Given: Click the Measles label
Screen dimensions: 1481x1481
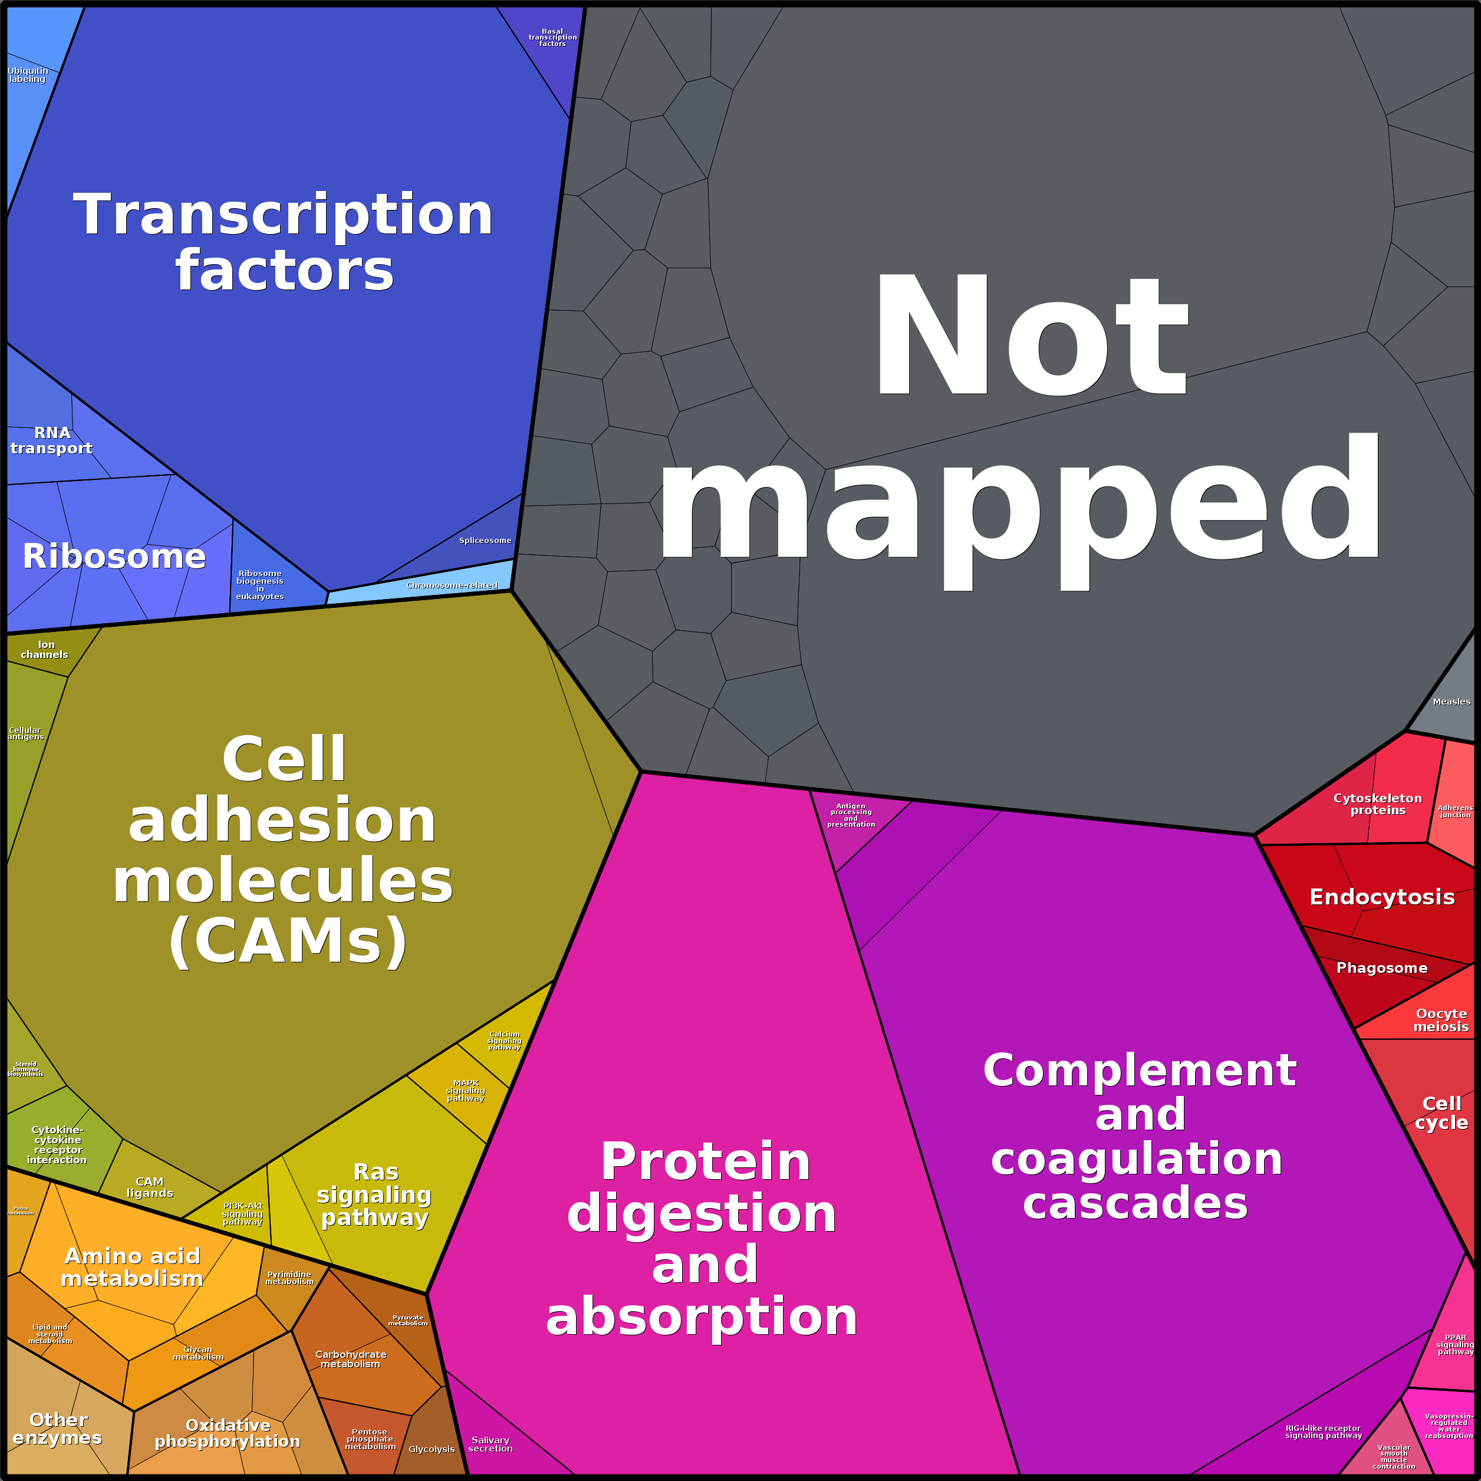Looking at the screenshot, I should pyautogui.click(x=1451, y=702).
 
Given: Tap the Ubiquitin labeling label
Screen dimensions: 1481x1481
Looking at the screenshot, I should pyautogui.click(x=28, y=75).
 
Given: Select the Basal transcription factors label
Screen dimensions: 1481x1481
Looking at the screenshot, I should pyautogui.click(x=552, y=38).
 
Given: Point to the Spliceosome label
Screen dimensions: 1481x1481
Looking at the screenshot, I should pyautogui.click(x=485, y=541).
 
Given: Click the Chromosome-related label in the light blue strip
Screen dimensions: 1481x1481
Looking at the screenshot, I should pyautogui.click(x=452, y=585).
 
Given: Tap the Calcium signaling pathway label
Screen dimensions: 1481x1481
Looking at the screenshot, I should pyautogui.click(x=505, y=1040).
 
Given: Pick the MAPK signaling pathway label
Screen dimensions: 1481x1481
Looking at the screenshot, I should pyautogui.click(x=465, y=1090).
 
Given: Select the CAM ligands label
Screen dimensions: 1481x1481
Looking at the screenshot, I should pyautogui.click(x=150, y=1187).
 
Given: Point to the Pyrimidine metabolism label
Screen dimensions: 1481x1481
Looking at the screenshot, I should pyautogui.click(x=289, y=1278).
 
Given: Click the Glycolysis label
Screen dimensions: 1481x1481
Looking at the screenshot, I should pyautogui.click(x=432, y=1449).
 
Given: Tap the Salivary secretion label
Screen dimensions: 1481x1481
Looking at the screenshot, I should pyautogui.click(x=491, y=1444).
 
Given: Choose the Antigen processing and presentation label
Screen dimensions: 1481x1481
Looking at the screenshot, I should pyautogui.click(x=851, y=815).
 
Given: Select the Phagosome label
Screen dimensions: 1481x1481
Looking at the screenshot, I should pyautogui.click(x=1381, y=968).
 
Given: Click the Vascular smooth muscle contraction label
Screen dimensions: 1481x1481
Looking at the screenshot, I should pyautogui.click(x=1394, y=1456).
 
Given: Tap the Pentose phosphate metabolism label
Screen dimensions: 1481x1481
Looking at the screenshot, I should pyautogui.click(x=370, y=1439).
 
